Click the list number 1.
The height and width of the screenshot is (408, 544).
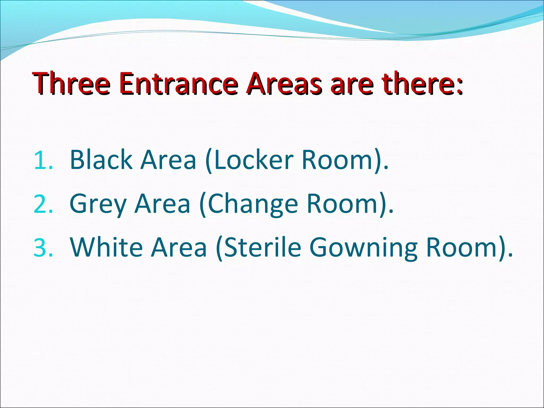(x=43, y=160)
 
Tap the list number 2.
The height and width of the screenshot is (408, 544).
(x=43, y=204)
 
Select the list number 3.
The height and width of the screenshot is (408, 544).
(x=43, y=248)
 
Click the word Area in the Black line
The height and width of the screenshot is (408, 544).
(x=168, y=160)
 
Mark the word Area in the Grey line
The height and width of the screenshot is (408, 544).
(x=163, y=204)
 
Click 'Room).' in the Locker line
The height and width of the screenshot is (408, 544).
(x=345, y=160)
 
